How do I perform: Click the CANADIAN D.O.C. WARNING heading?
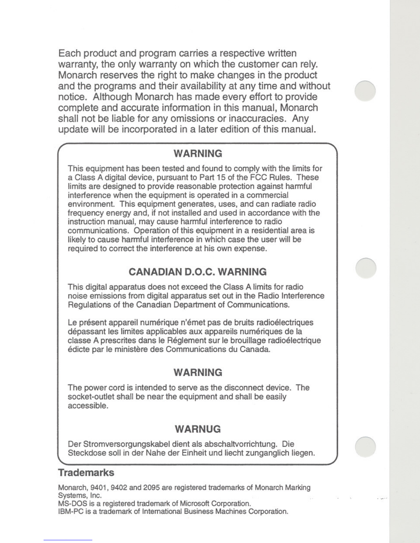[x=197, y=272]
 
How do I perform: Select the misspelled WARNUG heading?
[x=198, y=429]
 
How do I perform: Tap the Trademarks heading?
[x=86, y=472]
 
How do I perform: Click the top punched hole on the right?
[x=365, y=91]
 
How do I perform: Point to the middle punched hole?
[x=366, y=268]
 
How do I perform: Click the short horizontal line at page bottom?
[x=68, y=540]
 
